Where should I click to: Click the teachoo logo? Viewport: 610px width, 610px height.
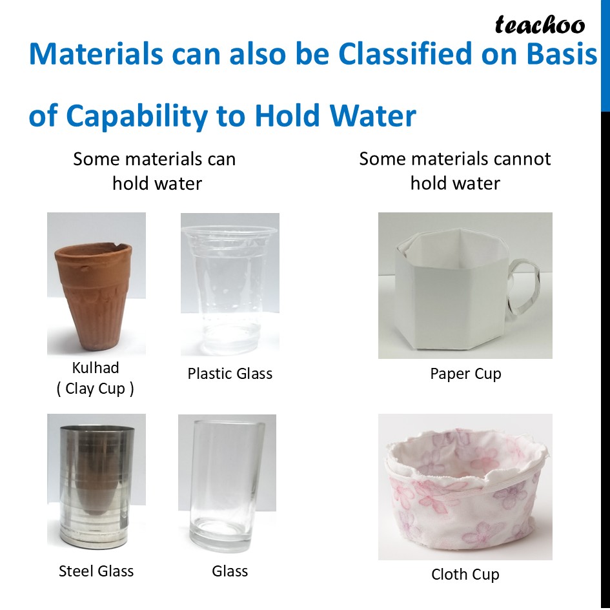(540, 25)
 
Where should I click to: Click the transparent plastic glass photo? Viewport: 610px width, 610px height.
(229, 284)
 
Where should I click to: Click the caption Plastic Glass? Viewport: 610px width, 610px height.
(230, 374)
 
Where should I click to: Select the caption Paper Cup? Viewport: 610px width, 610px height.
(465, 374)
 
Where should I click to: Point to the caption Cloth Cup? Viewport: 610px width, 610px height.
(465, 574)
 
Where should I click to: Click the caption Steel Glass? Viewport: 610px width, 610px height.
(96, 571)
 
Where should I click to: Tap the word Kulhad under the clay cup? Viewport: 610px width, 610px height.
(96, 368)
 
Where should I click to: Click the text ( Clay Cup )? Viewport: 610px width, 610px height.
(96, 389)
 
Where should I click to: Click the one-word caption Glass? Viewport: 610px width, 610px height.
(230, 571)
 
